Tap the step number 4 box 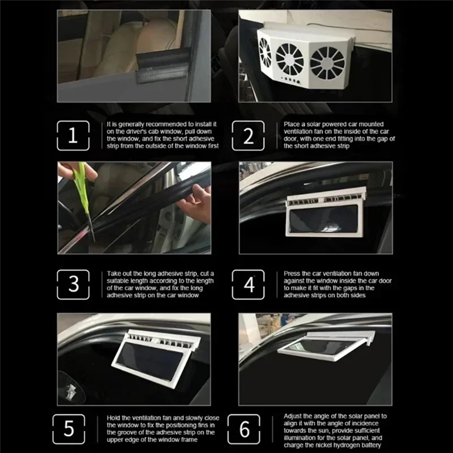249,284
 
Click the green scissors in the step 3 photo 83,186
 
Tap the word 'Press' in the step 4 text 293,273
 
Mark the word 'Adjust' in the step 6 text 294,415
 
